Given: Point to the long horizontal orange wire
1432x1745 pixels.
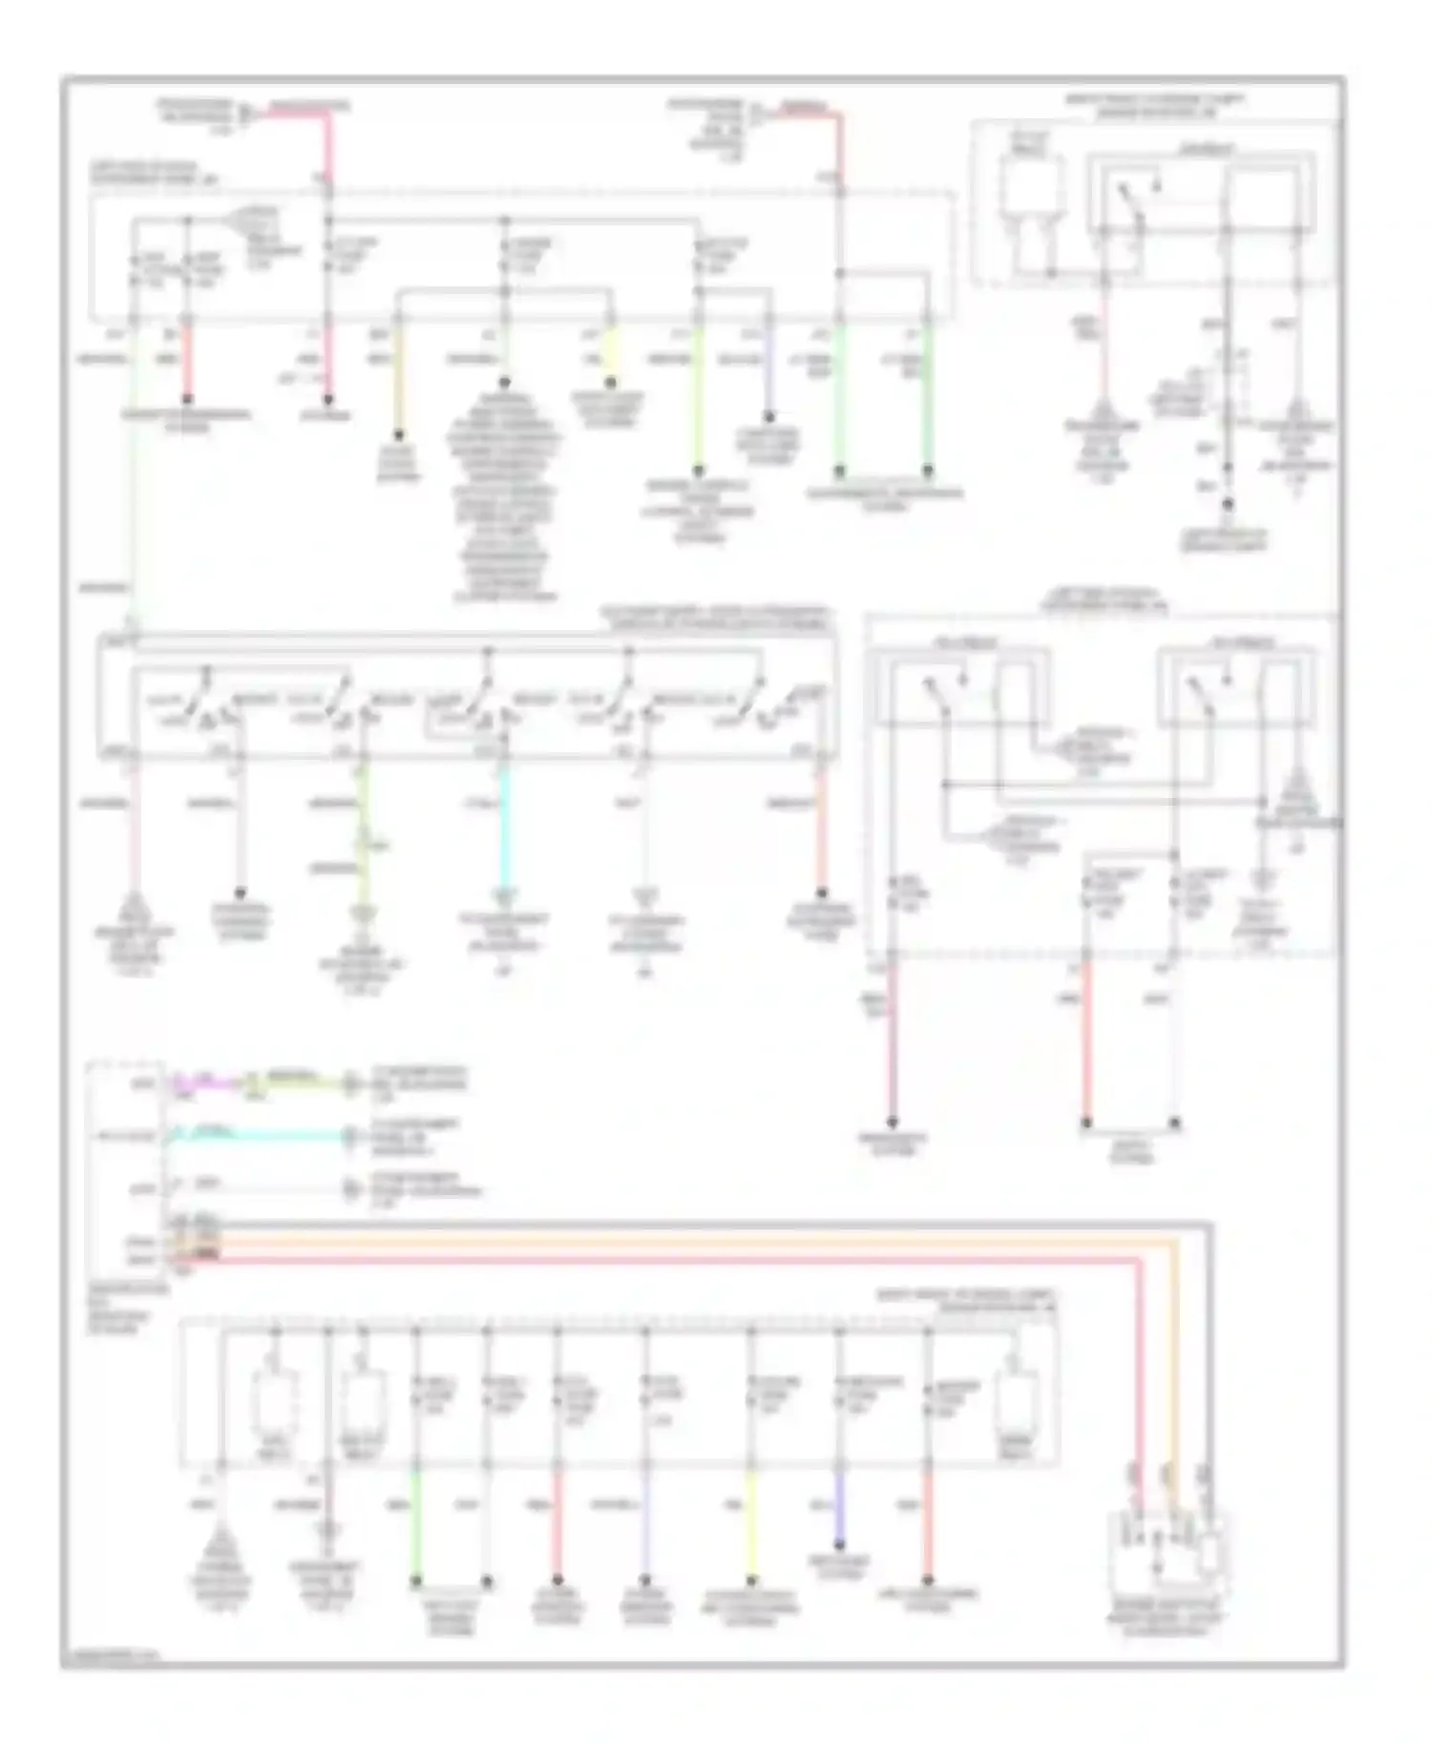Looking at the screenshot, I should [x=668, y=1244].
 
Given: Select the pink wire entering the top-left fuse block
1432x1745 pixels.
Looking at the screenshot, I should [x=329, y=143].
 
